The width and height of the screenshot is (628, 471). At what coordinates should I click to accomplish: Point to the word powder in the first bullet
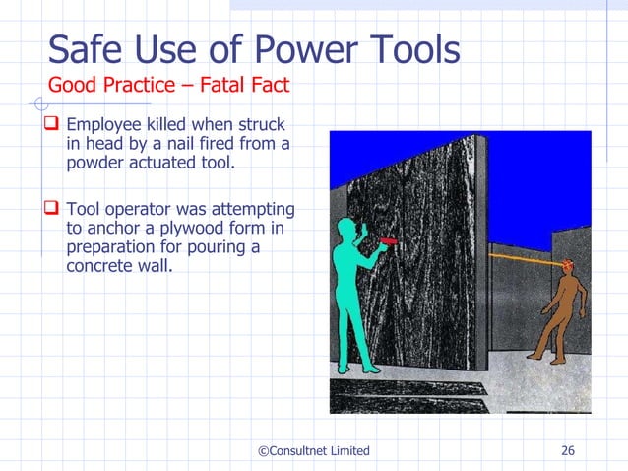tap(95, 164)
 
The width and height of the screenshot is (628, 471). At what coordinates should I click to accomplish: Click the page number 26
tap(567, 451)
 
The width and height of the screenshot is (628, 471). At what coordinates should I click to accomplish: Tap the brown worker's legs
tap(551, 335)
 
